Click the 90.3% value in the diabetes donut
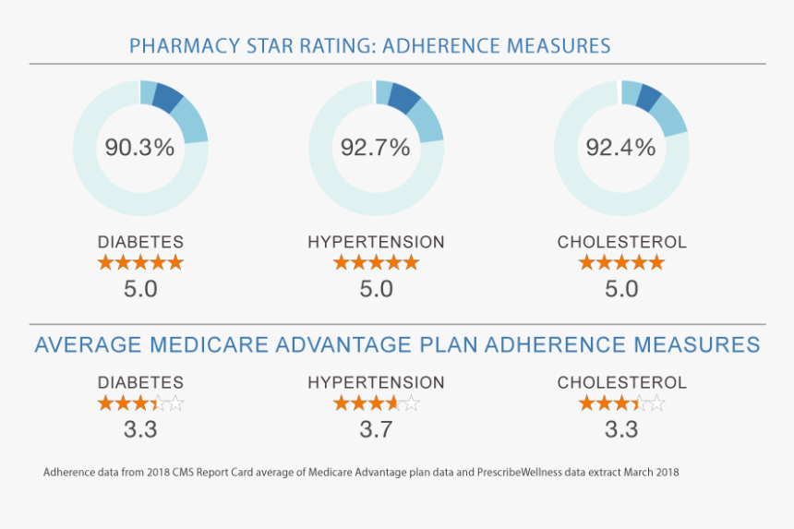pos(139,148)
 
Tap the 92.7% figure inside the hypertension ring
pos(375,148)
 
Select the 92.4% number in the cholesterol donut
pos(620,148)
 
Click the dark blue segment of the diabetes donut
pos(169,96)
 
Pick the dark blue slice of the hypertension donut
pos(404,96)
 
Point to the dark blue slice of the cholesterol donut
pos(649,97)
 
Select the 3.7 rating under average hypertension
pos(376,428)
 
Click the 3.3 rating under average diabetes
pos(140,428)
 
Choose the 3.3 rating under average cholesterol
pos(621,428)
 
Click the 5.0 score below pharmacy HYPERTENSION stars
pos(376,289)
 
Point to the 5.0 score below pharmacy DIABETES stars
pos(140,289)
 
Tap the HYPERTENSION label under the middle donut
pos(376,242)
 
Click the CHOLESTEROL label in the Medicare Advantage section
pos(621,382)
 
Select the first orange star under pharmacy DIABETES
pos(106,263)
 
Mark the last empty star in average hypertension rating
pos(411,403)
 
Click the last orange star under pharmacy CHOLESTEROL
pos(656,263)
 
